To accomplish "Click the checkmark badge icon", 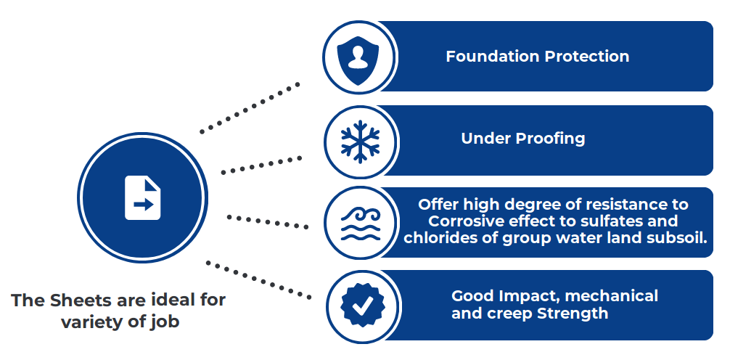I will point(360,306).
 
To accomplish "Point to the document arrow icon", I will point(143,197).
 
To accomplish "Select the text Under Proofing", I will point(522,138).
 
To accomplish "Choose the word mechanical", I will point(611,296).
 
